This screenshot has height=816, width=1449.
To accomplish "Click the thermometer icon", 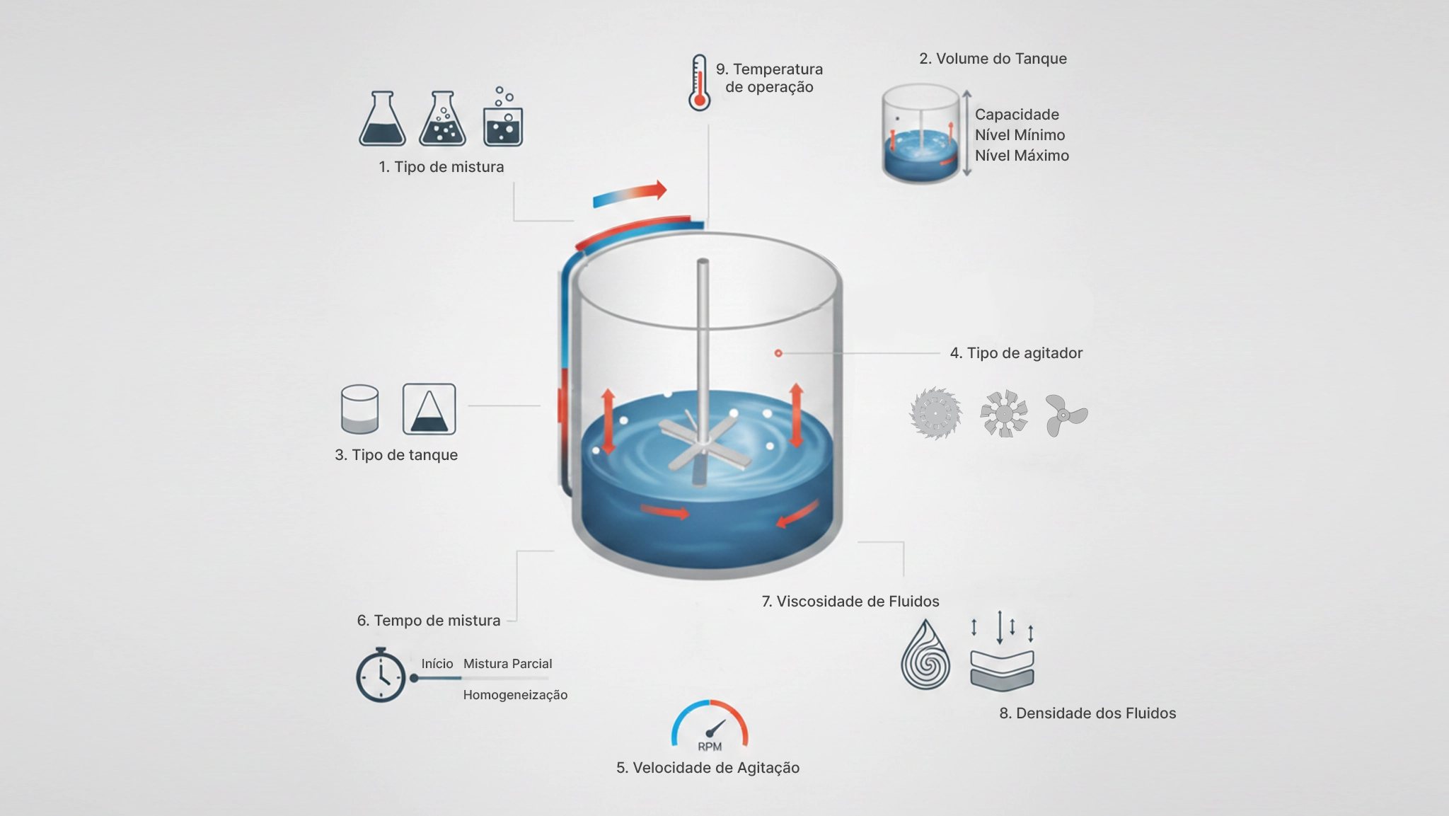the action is pos(699,83).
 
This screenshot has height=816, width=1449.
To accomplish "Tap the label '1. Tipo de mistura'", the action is pos(441,167).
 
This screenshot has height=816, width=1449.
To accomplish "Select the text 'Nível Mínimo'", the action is pos(1020,135).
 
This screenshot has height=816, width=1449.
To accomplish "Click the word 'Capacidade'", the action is pos(1017,115).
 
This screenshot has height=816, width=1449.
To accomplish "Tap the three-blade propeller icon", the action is pos(1066,415).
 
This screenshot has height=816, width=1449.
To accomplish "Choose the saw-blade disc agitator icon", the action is pos(935,413).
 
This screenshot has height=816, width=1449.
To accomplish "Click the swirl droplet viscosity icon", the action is pos(925,655).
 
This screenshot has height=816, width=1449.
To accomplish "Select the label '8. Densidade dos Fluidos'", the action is pos(1087,713).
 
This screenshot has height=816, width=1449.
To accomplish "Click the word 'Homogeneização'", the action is pos(515,695).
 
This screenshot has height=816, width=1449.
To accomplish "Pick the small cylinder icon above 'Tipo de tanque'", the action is pos(359,409).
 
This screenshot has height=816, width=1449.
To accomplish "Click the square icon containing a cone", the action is pos(429,409).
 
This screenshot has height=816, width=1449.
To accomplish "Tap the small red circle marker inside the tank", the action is pos(778,353).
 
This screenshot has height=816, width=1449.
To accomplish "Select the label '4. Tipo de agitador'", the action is pos(1016,353).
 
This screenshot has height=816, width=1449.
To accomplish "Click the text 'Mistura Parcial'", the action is pos(507,664).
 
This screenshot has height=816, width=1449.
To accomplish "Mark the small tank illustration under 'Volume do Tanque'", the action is pos(920,134).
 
